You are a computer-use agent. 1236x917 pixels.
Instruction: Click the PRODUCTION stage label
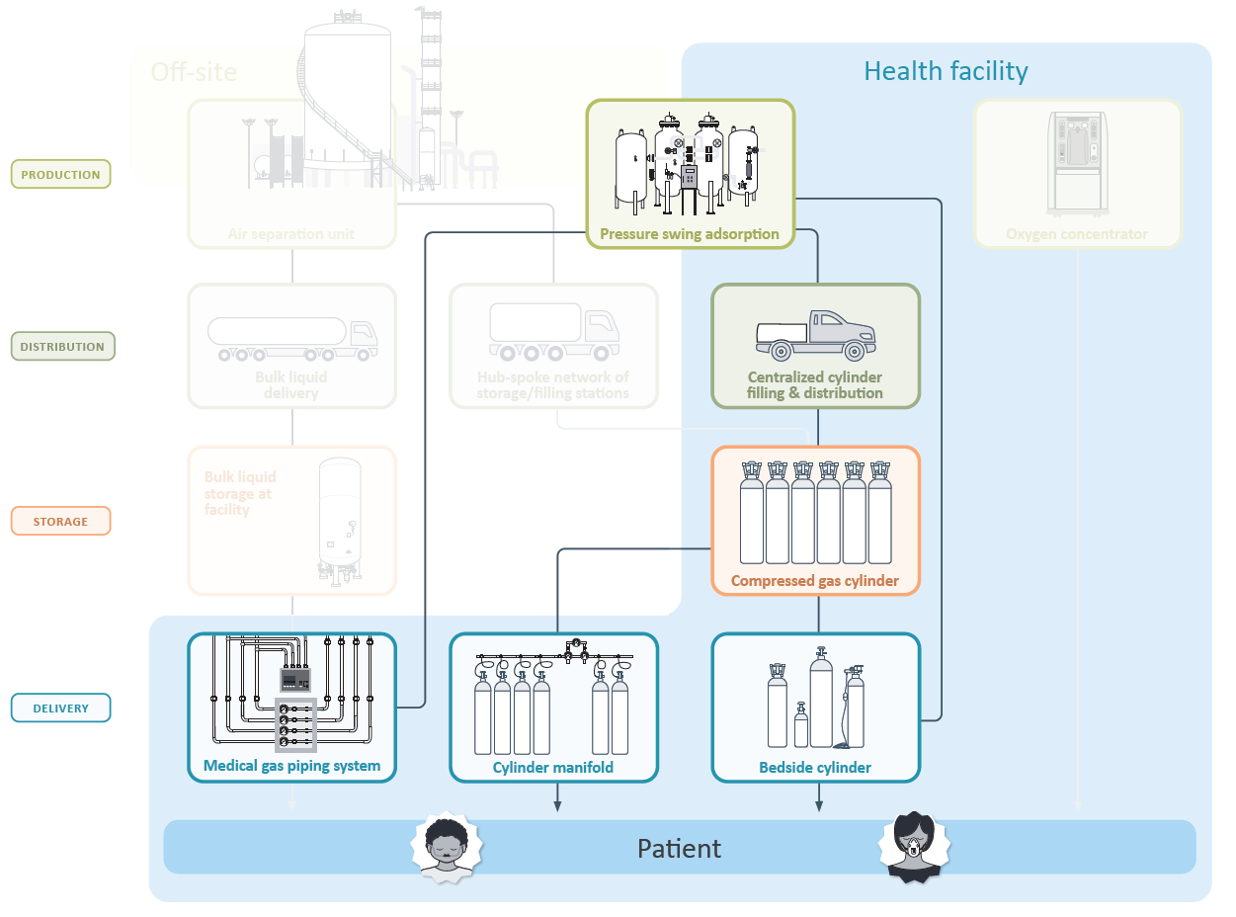[x=60, y=175]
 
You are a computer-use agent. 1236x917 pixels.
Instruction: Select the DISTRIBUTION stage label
[x=62, y=347]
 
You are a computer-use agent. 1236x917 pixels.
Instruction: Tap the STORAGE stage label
[x=60, y=521]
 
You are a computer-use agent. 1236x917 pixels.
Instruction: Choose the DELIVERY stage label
[x=60, y=709]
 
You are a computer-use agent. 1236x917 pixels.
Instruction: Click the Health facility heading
[x=946, y=71]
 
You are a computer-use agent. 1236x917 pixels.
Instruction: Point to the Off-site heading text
[x=194, y=71]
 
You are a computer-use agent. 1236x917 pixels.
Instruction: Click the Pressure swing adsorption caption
[x=690, y=234]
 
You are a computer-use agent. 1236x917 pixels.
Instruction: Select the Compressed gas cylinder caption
[x=815, y=581]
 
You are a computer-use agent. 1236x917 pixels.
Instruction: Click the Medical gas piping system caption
[x=291, y=766]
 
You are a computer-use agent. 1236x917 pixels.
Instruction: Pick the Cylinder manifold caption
[x=553, y=768]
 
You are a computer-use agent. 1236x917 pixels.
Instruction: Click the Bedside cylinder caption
[x=815, y=768]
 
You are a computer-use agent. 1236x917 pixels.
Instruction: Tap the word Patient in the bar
[x=679, y=849]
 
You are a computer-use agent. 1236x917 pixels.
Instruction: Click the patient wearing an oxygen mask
[x=914, y=845]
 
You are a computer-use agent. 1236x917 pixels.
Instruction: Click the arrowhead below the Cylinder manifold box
[x=557, y=806]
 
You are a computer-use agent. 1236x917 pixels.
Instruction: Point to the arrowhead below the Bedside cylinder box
[x=819, y=806]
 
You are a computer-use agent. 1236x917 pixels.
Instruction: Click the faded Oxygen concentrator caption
[x=1077, y=234]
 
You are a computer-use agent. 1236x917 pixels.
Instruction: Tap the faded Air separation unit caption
[x=291, y=234]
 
